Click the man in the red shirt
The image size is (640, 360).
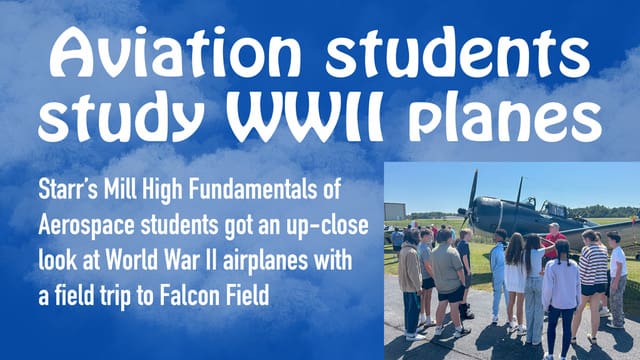552,240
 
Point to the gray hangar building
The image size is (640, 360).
395,212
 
